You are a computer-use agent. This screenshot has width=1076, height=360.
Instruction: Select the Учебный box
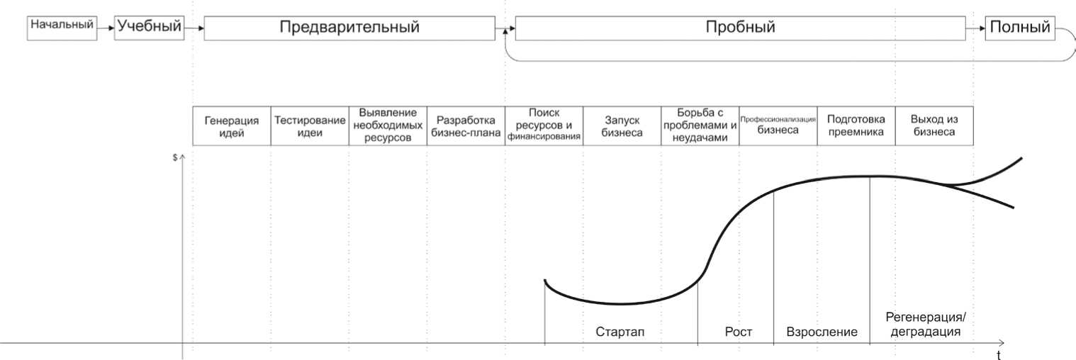click(x=149, y=28)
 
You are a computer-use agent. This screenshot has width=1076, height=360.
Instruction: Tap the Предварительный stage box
click(x=349, y=28)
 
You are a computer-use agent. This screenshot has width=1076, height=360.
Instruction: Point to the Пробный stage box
click(x=740, y=28)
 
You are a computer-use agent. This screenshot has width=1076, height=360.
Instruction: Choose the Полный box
click(x=1019, y=28)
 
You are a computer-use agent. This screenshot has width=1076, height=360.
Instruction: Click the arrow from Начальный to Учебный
click(x=105, y=28)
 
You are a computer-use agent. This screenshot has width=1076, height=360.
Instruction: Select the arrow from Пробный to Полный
click(x=975, y=28)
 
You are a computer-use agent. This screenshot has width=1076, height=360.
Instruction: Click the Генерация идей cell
click(x=232, y=126)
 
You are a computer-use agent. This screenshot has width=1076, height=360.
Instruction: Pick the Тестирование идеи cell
click(x=310, y=126)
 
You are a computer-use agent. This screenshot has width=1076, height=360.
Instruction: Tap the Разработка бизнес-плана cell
click(x=466, y=126)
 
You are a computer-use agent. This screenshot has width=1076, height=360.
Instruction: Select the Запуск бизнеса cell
click(x=622, y=126)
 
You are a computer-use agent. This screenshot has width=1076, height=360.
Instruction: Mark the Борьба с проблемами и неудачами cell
click(x=700, y=126)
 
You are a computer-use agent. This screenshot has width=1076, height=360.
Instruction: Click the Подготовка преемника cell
click(x=856, y=126)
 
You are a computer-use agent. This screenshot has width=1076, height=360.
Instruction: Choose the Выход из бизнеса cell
click(x=934, y=126)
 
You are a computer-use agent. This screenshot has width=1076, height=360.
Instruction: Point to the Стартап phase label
click(x=620, y=332)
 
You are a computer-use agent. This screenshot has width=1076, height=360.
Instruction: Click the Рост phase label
click(x=738, y=332)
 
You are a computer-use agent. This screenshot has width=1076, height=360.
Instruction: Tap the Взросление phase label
click(x=822, y=332)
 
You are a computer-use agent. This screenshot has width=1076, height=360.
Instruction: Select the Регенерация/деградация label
click(x=926, y=325)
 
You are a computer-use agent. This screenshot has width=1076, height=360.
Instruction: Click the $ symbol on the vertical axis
click(x=175, y=157)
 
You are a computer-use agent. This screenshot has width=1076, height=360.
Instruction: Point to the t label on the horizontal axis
click(x=998, y=354)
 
